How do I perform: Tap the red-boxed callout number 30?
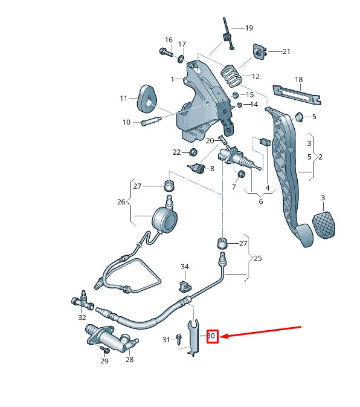(211, 336)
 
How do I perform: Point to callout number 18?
(298, 79)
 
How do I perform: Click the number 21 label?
(286, 51)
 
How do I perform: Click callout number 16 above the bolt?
(168, 40)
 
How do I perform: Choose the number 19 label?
(249, 28)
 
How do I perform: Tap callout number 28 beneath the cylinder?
(129, 360)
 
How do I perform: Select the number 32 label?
(82, 316)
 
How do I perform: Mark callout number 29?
(104, 361)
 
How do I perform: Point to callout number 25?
(257, 258)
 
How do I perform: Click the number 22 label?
(176, 152)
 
